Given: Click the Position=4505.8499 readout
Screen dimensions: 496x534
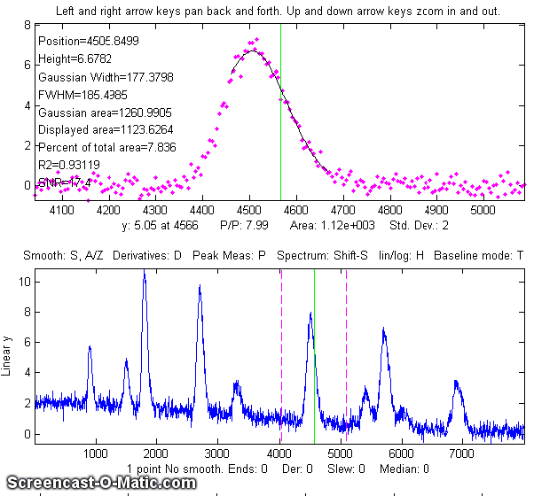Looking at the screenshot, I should pyautogui.click(x=88, y=41).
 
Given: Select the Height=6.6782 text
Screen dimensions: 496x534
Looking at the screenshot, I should pyautogui.click(x=71, y=59).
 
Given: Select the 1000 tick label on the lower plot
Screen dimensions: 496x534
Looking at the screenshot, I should pyautogui.click(x=96, y=453).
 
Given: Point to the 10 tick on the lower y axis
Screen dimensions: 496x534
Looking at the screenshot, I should pyautogui.click(x=26, y=282).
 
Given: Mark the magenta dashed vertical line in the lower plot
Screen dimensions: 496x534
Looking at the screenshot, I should pyautogui.click(x=346, y=354).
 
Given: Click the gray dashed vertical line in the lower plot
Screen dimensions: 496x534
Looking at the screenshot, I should pyautogui.click(x=282, y=354).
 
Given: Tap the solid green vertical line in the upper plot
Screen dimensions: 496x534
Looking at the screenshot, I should pyautogui.click(x=280, y=106).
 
